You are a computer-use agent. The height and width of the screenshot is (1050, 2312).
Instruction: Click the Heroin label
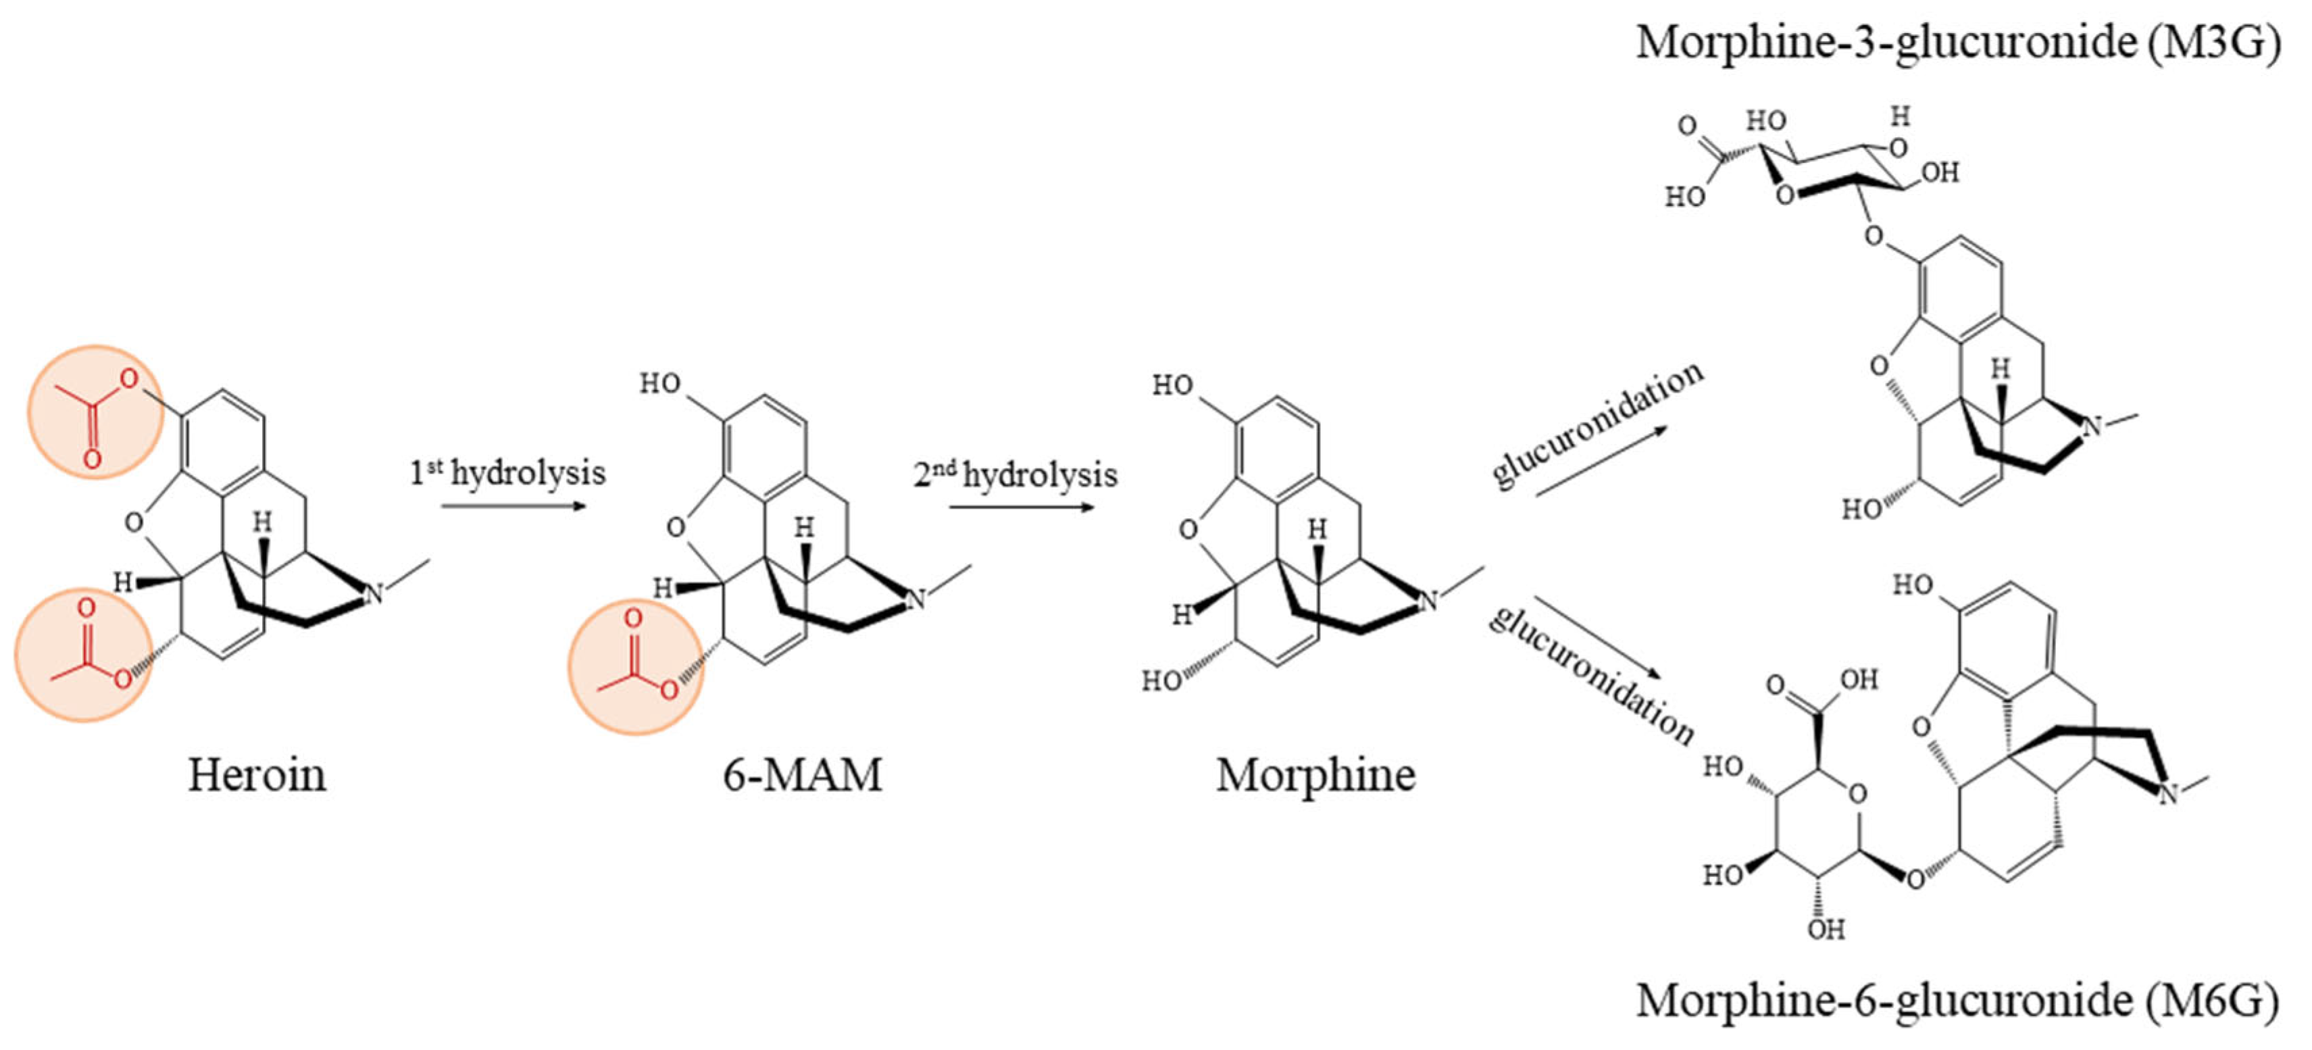click(257, 774)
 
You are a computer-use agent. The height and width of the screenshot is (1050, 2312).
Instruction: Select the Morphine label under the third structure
click(1315, 774)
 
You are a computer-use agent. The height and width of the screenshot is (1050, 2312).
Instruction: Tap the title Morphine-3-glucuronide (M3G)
click(1957, 42)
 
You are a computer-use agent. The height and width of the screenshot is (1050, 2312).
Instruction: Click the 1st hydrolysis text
click(508, 473)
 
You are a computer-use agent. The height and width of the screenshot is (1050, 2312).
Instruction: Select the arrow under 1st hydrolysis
click(513, 506)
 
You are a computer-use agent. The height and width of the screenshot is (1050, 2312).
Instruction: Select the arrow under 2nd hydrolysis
click(1022, 507)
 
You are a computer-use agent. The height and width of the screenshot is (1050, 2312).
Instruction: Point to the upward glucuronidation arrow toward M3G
click(1601, 460)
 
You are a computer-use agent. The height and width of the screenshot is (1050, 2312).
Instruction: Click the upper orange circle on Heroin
click(95, 412)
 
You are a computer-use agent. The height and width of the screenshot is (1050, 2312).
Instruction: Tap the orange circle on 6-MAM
click(636, 667)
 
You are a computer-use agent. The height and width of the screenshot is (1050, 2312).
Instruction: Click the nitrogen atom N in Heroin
click(374, 593)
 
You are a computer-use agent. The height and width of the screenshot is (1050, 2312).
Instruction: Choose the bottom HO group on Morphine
click(1161, 681)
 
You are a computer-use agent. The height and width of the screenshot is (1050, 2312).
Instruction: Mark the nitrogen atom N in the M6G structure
click(2167, 793)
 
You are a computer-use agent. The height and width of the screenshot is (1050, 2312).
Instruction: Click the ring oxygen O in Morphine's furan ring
click(1188, 530)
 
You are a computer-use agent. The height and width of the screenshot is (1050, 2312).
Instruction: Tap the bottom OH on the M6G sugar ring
click(1826, 929)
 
